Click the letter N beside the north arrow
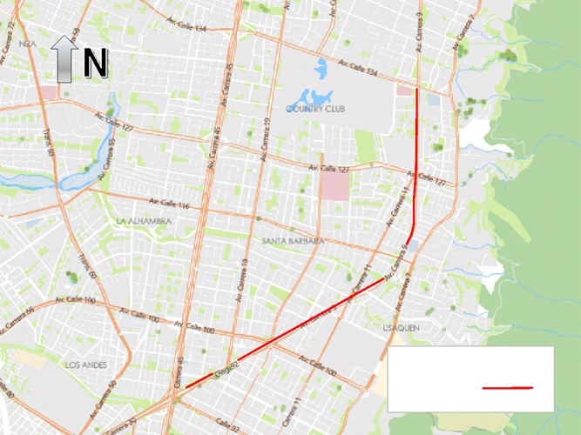click(95, 63)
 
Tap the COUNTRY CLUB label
click(315, 110)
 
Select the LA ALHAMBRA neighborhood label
click(143, 221)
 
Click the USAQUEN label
click(401, 328)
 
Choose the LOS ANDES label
click(85, 365)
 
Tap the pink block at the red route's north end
click(406, 90)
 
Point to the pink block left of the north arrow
click(47, 91)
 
